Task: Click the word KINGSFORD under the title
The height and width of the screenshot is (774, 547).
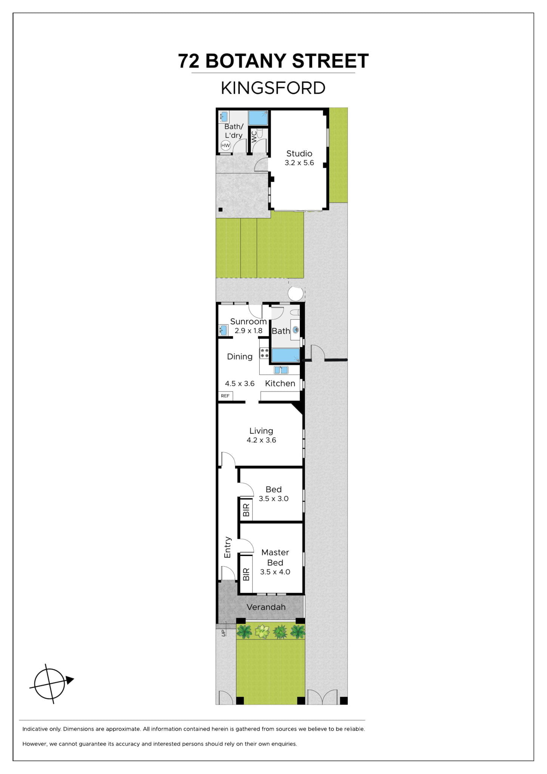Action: (273, 88)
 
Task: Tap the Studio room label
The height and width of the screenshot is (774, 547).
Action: (299, 153)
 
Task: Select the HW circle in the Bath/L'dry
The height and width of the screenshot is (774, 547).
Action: (225, 146)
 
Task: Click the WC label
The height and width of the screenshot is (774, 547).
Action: (254, 136)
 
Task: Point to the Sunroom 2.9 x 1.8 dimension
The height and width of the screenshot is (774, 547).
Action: (248, 331)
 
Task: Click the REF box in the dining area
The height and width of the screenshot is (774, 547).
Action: (225, 396)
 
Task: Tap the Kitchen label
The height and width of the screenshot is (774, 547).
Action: (280, 383)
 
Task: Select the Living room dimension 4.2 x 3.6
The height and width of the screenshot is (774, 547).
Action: (261, 440)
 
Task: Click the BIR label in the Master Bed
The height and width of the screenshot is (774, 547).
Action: (246, 574)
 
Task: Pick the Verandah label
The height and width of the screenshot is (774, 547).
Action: (266, 607)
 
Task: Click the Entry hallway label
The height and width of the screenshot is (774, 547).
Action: (227, 547)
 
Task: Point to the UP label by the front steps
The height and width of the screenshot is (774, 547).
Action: (223, 633)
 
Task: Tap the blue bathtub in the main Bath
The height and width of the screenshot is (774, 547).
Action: (285, 355)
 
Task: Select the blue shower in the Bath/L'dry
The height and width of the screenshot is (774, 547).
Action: (258, 118)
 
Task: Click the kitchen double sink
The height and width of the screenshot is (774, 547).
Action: (281, 370)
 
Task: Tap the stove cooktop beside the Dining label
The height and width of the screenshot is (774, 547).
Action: (264, 353)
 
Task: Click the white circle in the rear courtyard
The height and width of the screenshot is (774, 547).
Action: (296, 294)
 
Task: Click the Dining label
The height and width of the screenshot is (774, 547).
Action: (240, 356)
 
